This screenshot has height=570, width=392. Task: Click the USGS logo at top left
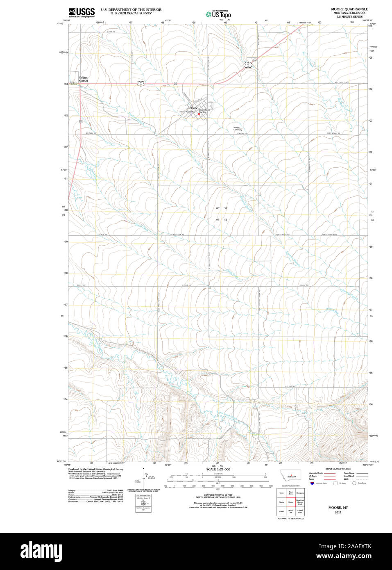point(82,13)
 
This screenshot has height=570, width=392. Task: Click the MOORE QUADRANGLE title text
point(349,9)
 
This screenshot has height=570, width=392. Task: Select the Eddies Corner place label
point(84,79)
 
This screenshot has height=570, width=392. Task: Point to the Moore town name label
point(193,108)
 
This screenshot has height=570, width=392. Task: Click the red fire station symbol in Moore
point(199,114)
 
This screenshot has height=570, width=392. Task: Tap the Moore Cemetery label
point(238,128)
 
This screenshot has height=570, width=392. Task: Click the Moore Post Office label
point(187,112)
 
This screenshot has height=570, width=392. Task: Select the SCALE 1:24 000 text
point(218,469)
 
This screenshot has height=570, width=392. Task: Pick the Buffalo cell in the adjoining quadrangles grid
point(281,511)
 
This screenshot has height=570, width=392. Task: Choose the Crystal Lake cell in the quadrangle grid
point(300,511)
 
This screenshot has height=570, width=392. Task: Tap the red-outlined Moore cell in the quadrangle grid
point(291,502)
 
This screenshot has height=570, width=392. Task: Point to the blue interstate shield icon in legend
point(312,483)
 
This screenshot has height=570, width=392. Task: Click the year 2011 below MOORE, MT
point(338,512)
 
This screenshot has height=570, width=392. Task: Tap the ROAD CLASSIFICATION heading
point(338,469)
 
